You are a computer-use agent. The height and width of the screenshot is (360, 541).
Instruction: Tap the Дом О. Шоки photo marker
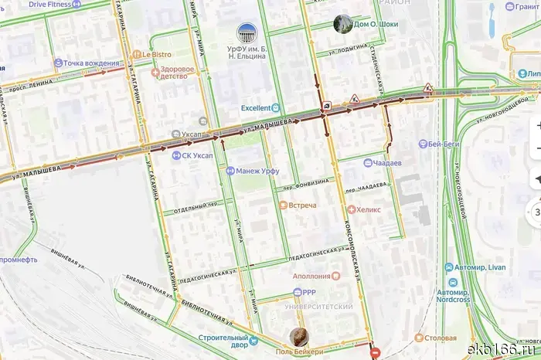[x=341, y=24]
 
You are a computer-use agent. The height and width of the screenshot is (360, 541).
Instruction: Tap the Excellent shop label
[x=260, y=108]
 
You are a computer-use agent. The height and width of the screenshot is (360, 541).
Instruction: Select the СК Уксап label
[x=197, y=155]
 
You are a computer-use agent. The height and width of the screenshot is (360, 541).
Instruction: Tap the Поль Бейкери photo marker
[x=299, y=337]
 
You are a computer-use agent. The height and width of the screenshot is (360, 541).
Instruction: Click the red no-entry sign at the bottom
[x=376, y=354]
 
